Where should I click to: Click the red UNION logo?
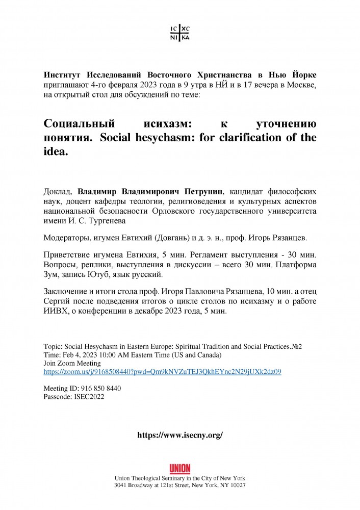coord(179,469)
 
